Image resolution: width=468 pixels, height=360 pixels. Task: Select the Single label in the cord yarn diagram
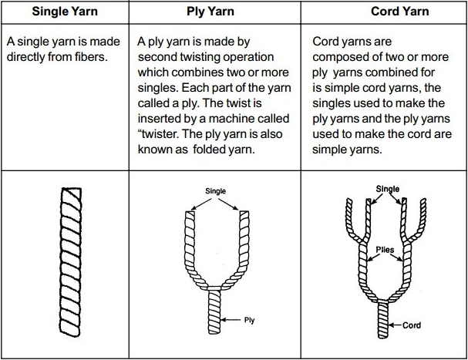(x=388, y=188)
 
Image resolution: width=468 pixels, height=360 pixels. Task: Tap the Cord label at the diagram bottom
(x=412, y=325)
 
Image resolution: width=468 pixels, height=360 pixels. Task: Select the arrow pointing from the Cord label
(x=396, y=325)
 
